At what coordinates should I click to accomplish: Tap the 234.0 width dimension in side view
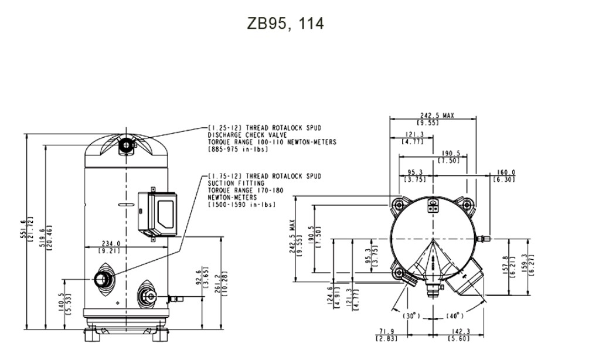coord(110,243)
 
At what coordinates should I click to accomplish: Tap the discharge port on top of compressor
coord(126,144)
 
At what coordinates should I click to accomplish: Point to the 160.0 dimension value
coord(505,173)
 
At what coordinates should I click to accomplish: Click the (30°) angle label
coord(412,315)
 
